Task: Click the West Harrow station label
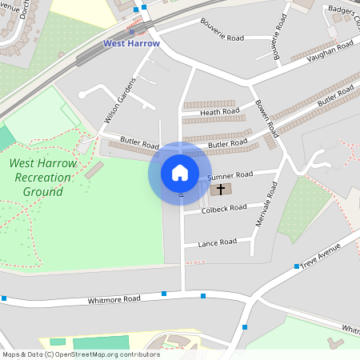[x=131, y=43]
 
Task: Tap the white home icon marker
[x=180, y=173]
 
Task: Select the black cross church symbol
[x=221, y=190]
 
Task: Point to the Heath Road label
[x=220, y=112]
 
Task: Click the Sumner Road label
[x=230, y=175]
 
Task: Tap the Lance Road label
[x=218, y=242]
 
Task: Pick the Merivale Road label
[x=266, y=204]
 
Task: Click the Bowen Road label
[x=266, y=116]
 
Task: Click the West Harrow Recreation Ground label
[x=43, y=178]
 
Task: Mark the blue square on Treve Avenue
[x=296, y=266]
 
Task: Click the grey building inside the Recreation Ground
[x=94, y=170]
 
